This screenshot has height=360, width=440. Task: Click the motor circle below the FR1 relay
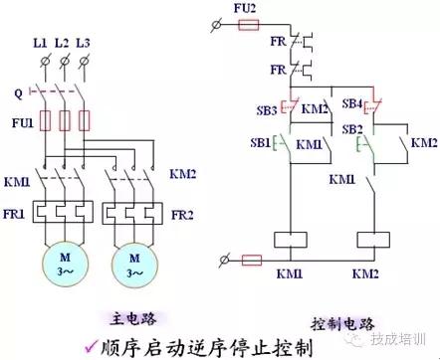coord(64,264)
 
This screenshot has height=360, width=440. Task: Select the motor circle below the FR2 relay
coord(135,264)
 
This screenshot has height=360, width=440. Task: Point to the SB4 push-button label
coord(352,104)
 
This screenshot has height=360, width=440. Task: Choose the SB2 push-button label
coord(352,130)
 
